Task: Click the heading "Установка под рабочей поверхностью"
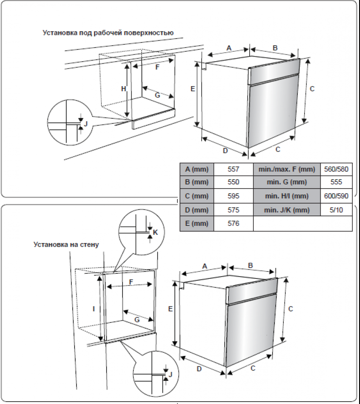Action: (108, 33)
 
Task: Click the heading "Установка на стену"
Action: (66, 244)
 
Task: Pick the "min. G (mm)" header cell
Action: (286, 183)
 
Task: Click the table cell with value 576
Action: (233, 224)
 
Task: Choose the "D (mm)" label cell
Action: (197, 210)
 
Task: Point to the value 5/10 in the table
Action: (336, 210)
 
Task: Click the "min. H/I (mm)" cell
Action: (286, 196)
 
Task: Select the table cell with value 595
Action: (233, 196)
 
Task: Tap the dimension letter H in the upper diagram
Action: (123, 89)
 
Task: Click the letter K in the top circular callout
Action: (155, 232)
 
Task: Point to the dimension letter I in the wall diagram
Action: (94, 308)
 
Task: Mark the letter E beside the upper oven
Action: (192, 89)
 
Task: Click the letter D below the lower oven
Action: (199, 369)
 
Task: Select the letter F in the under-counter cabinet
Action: (157, 67)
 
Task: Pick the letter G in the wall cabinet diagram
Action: (136, 320)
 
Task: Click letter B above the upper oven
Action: (275, 48)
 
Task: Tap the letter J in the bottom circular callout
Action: (170, 374)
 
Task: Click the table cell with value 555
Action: (336, 183)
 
